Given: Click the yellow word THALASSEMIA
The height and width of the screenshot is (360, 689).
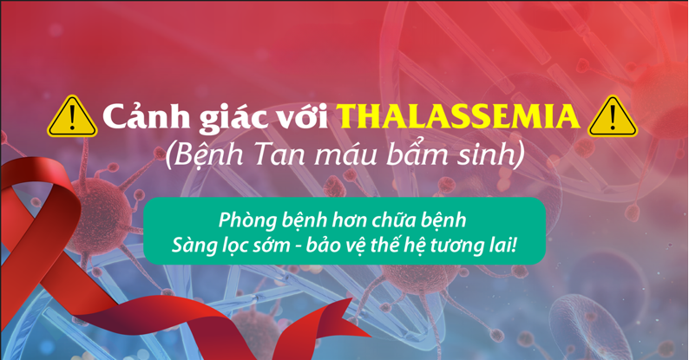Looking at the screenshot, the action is coord(459,116).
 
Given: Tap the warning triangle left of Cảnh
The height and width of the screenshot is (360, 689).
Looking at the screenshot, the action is coord(72,117).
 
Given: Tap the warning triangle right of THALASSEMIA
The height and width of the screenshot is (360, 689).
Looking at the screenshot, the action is coord(613,117).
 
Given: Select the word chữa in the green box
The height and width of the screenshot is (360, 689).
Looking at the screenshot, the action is coord(393,219).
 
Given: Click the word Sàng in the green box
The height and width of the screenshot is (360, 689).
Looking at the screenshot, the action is coord(193,245).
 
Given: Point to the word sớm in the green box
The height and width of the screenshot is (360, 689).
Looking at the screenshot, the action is coord(272,245).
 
